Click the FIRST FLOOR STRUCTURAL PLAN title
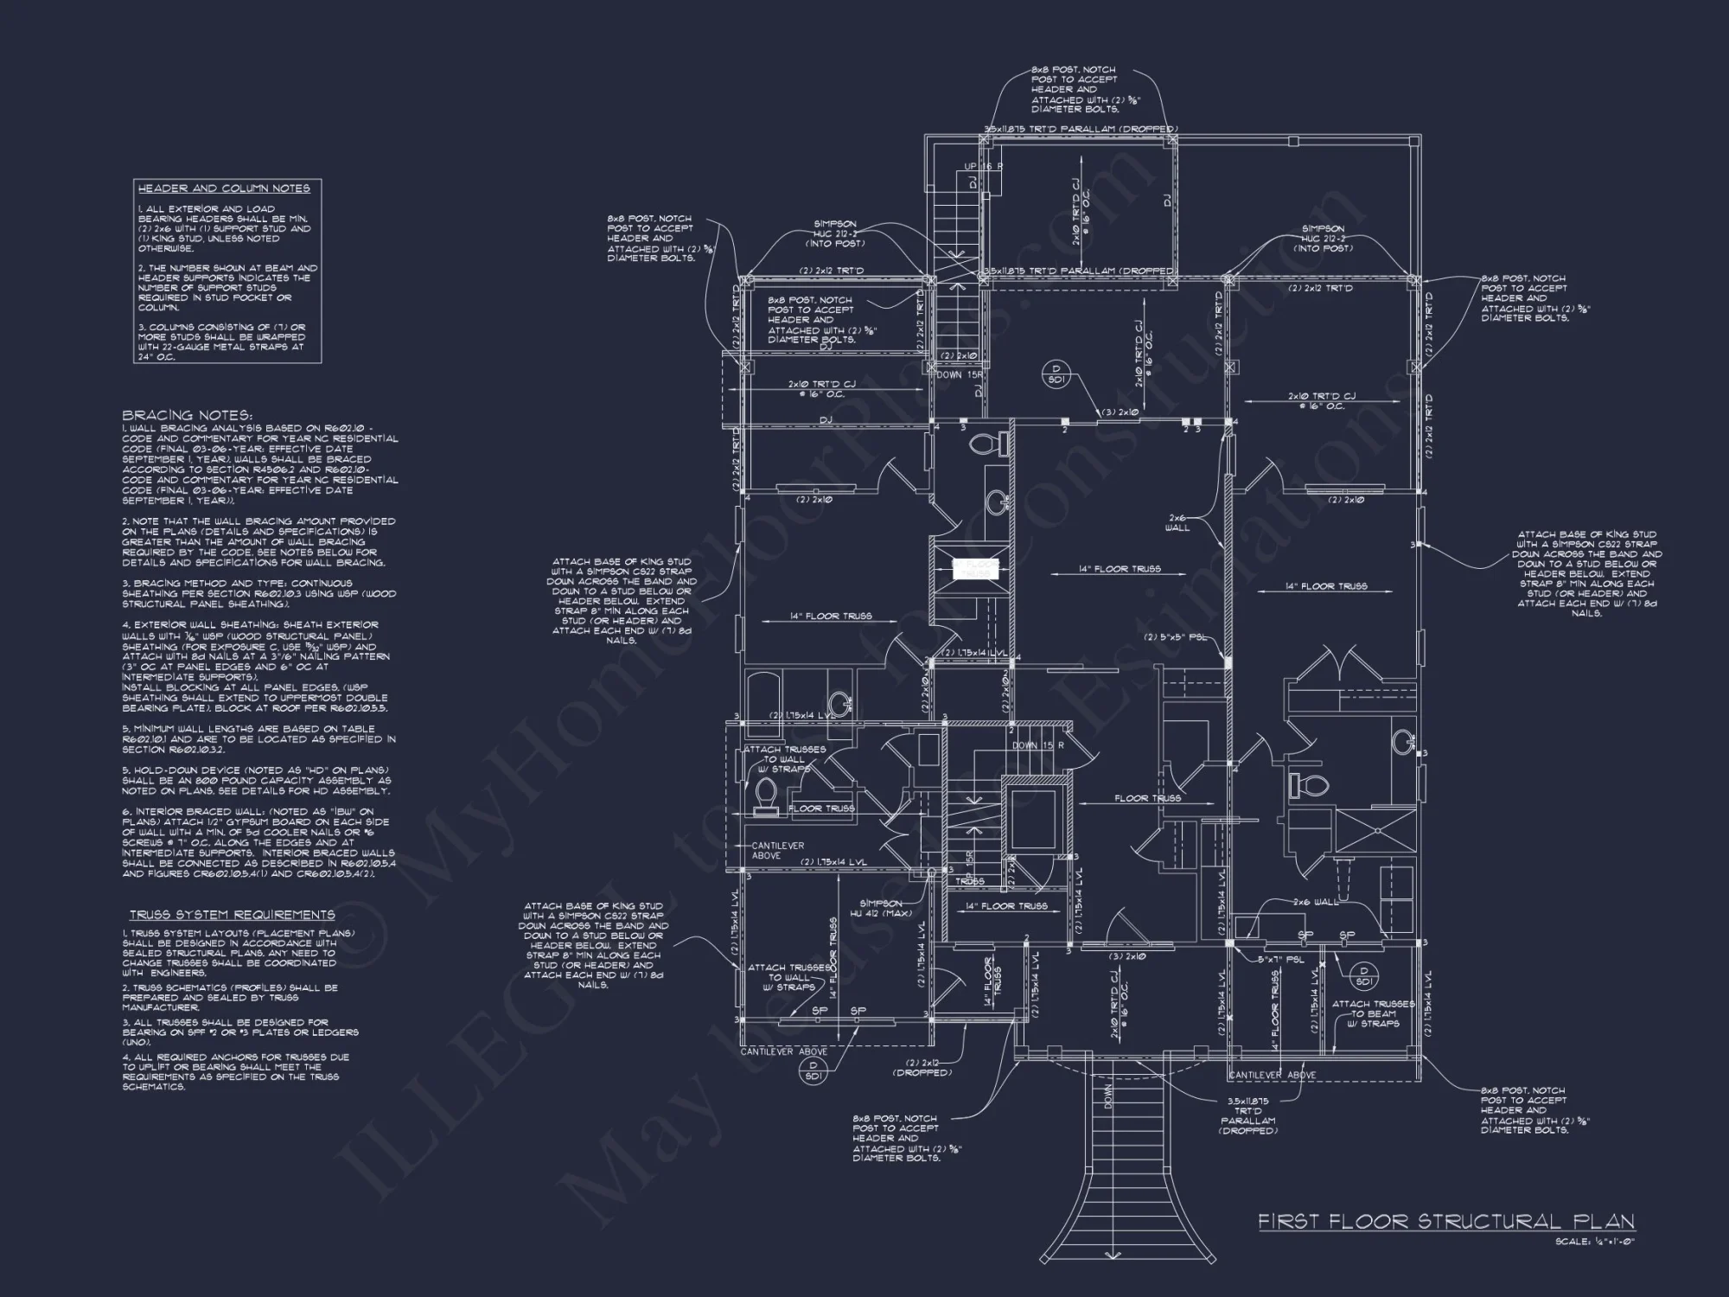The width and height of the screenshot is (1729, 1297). [x=1445, y=1222]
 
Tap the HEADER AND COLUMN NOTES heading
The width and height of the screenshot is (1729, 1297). [x=224, y=188]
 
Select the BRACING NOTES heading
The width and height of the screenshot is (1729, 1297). [x=187, y=416]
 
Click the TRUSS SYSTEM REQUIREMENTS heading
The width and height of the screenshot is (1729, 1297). [x=232, y=915]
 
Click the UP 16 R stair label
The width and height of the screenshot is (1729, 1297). [x=984, y=166]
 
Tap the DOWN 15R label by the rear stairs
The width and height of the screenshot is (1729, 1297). [x=960, y=375]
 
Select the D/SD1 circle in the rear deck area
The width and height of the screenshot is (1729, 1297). [x=1056, y=373]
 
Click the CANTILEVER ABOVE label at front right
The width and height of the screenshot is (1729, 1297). [x=1273, y=1076]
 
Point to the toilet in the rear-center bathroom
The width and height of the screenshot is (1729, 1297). [x=986, y=444]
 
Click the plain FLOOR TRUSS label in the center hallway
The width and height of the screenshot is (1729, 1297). [x=1148, y=798]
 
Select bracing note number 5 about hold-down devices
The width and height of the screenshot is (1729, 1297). [x=255, y=780]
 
